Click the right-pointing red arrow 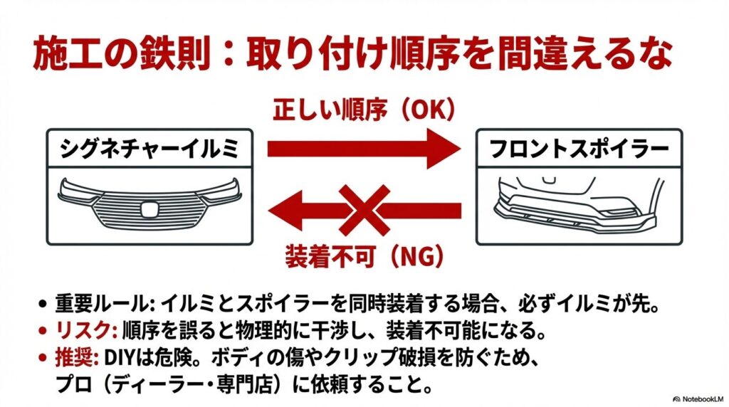pyautogui.click(x=364, y=149)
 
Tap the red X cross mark pyautogui.click(x=364, y=210)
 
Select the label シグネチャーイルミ pyautogui.click(x=150, y=149)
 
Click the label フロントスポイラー pyautogui.click(x=579, y=149)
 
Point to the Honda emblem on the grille pyautogui.click(x=150, y=209)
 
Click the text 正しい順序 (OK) pyautogui.click(x=364, y=110)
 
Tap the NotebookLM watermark pyautogui.click(x=699, y=399)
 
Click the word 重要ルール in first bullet pyautogui.click(x=102, y=304)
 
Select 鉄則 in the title pyautogui.click(x=174, y=54)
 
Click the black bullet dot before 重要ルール pyautogui.click(x=43, y=305)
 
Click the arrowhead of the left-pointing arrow pyautogui.click(x=285, y=210)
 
